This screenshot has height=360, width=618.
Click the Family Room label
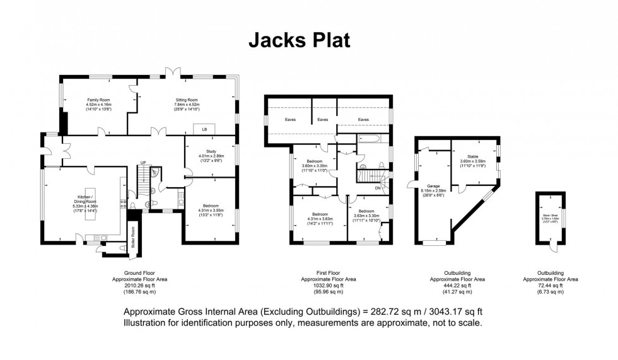click(98, 100)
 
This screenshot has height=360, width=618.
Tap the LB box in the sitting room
click(204, 129)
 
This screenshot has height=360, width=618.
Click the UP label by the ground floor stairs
click(143, 163)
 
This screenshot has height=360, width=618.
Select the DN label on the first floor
click(377, 188)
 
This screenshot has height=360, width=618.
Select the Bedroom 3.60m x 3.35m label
click(314, 161)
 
